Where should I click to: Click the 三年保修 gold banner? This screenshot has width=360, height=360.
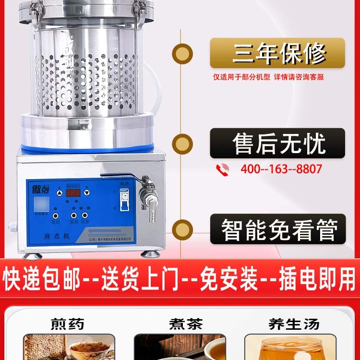(277, 53)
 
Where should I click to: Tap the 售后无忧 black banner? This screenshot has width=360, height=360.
(277, 143)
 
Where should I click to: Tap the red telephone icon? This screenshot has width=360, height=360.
(223, 169)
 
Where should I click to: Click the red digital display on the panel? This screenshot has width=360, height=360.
(73, 193)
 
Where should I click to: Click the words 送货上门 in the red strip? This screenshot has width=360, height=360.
(129, 281)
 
